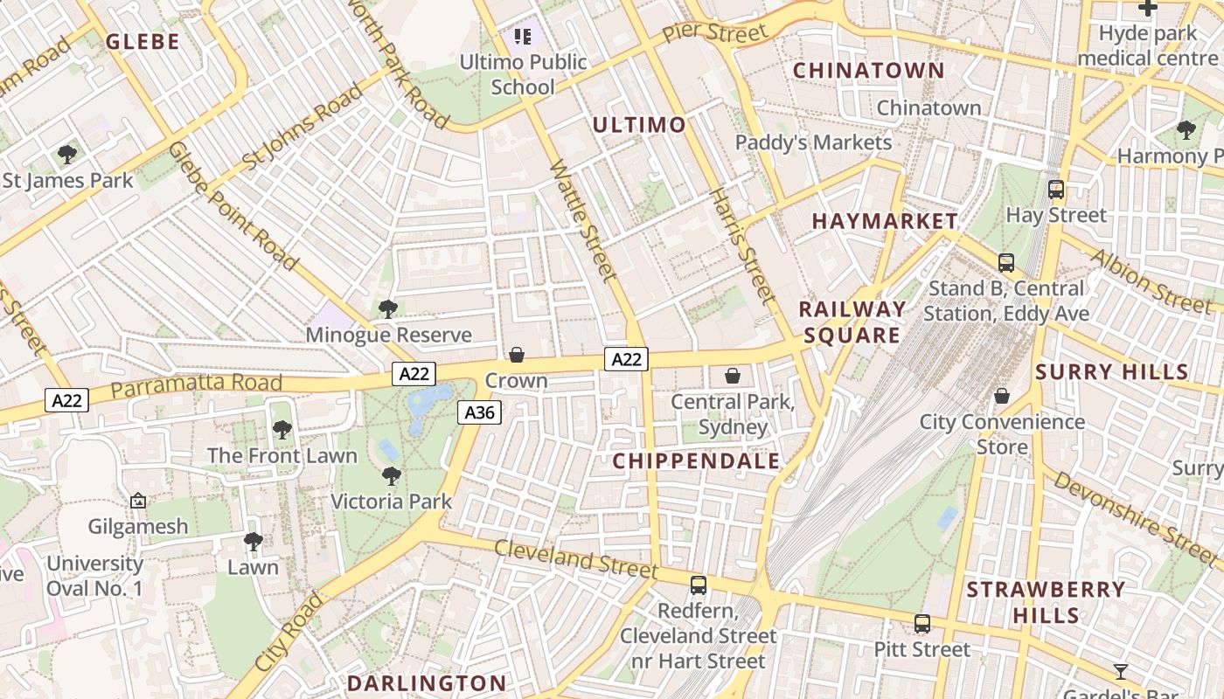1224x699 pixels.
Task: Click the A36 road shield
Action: [x=479, y=412]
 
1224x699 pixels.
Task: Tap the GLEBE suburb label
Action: [x=143, y=41]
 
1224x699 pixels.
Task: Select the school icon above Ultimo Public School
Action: [x=523, y=37]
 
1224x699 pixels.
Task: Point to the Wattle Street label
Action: [x=583, y=220]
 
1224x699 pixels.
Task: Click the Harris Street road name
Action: [x=742, y=246]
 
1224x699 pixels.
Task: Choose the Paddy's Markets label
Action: [x=813, y=142]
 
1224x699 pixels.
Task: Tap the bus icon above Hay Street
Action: [x=1056, y=190]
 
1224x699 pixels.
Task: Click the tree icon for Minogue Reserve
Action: [x=387, y=309]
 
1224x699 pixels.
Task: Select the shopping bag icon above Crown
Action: [x=517, y=355]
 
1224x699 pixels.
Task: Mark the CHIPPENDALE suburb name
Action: [x=696, y=461]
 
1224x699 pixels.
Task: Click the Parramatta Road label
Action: [x=197, y=385]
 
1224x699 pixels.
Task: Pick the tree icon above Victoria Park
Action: [x=392, y=476]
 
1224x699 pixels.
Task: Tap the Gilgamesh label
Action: [x=138, y=527]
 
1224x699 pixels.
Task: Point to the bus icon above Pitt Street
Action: [x=922, y=624]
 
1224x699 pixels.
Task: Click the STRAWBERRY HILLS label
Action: [x=1046, y=602]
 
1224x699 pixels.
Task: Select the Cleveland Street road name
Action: [x=575, y=559]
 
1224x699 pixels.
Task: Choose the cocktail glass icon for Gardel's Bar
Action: [x=1121, y=672]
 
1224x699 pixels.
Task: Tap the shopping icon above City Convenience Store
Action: [x=1002, y=397]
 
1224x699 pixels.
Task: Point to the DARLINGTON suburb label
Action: [x=427, y=683]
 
